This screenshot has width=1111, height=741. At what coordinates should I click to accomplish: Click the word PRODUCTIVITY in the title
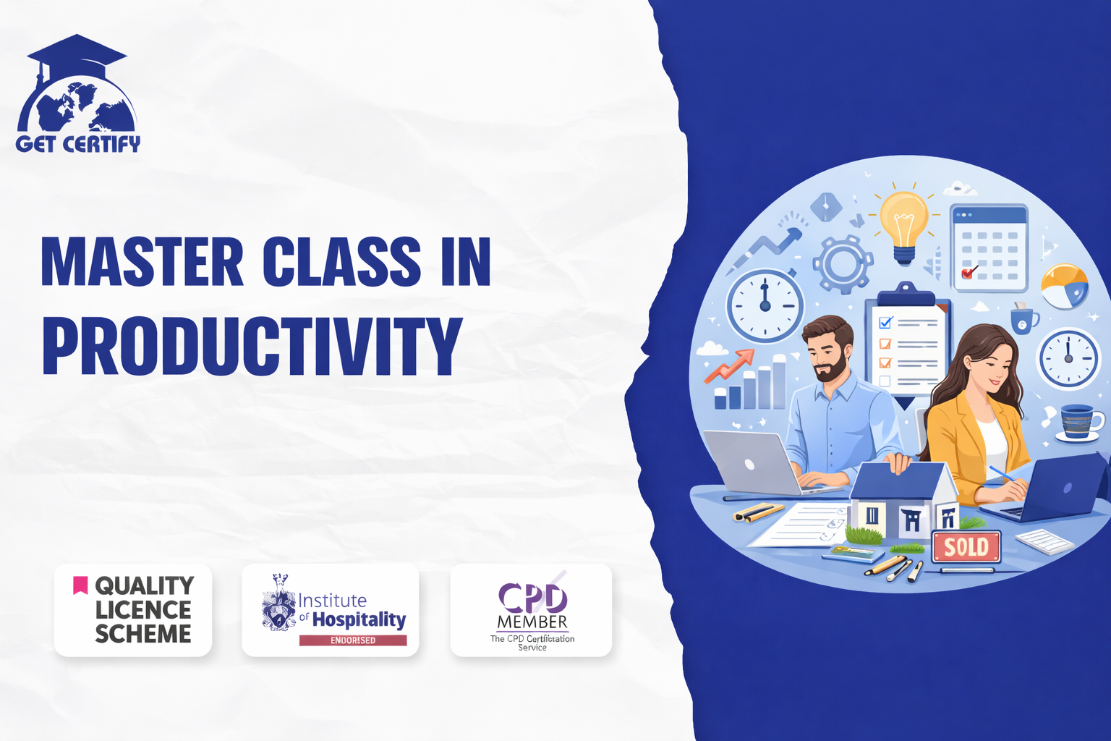click(x=252, y=346)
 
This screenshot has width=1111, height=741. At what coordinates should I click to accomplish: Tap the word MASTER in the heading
click(x=142, y=261)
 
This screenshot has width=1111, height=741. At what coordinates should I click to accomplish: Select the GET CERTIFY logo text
click(x=78, y=144)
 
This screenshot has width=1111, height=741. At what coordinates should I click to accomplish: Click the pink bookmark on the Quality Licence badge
click(x=80, y=585)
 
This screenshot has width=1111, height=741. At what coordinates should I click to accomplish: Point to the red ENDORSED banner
click(x=353, y=640)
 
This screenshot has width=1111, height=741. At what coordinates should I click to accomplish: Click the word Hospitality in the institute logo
click(x=359, y=619)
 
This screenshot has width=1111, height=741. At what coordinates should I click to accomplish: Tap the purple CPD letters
click(x=532, y=598)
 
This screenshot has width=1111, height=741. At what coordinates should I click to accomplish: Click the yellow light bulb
click(x=904, y=226)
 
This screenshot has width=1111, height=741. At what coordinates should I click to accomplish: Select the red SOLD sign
click(x=966, y=547)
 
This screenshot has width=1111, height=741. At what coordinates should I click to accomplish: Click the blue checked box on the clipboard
click(x=885, y=323)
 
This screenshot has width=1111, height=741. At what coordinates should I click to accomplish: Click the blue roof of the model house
click(x=901, y=480)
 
